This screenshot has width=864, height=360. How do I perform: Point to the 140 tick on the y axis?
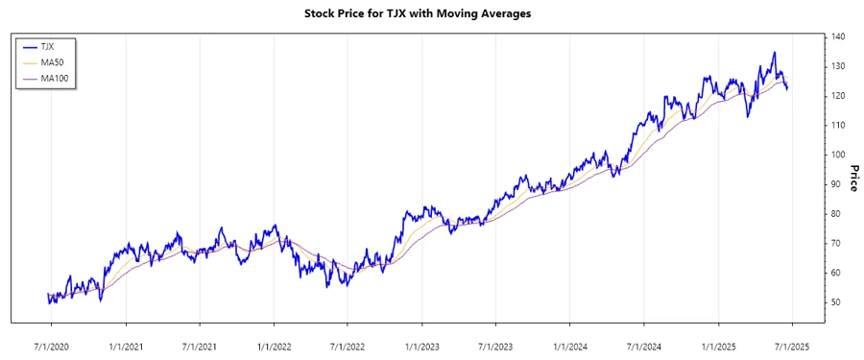(x=839, y=36)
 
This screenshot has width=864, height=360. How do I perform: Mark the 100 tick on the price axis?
(x=839, y=155)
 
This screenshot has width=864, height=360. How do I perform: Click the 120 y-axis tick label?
(x=839, y=96)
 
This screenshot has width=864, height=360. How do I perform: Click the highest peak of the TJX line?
(x=775, y=53)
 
